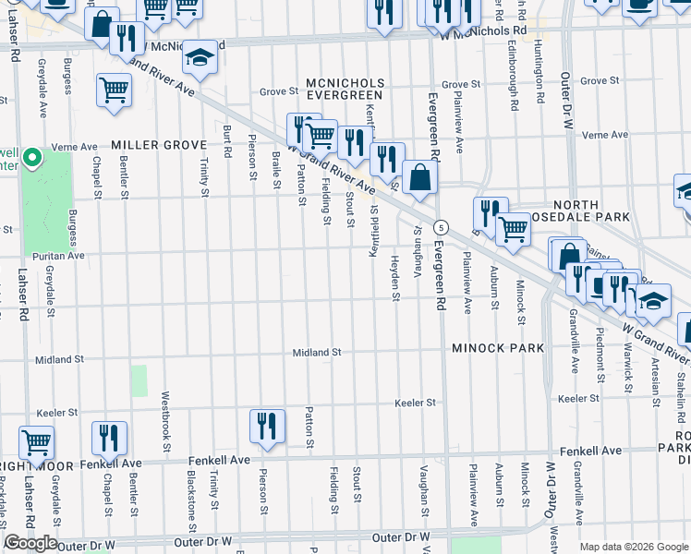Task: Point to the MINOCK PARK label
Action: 498,348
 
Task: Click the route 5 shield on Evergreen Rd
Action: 442,226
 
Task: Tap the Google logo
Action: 30,543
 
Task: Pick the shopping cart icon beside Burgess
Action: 115,90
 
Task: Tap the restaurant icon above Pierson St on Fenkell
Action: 266,426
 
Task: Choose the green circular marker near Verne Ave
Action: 32,160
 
